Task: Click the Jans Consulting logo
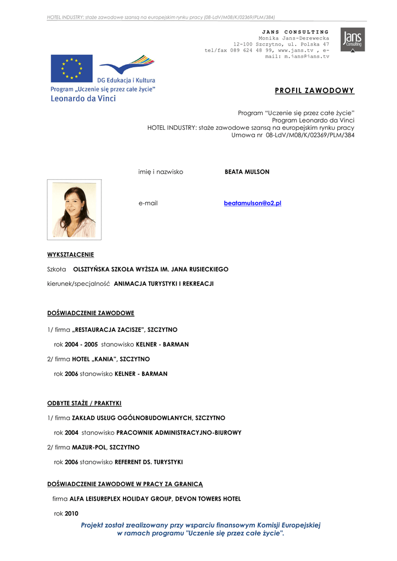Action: pyautogui.click(x=352, y=39)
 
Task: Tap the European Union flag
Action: pyautogui.click(x=71, y=68)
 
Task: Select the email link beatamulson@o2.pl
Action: pyautogui.click(x=252, y=203)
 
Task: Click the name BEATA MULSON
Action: pyautogui.click(x=247, y=172)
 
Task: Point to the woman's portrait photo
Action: pyautogui.click(x=74, y=210)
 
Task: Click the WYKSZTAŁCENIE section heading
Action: pyautogui.click(x=71, y=254)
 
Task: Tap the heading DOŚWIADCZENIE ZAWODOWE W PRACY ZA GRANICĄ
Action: pyautogui.click(x=125, y=484)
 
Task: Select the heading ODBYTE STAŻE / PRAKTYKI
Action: pyautogui.click(x=84, y=403)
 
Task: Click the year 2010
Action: pyautogui.click(x=72, y=514)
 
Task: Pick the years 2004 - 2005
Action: pyautogui.click(x=81, y=345)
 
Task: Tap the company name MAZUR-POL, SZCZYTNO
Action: pyautogui.click(x=106, y=448)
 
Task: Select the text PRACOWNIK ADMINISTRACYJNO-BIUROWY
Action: pyautogui.click(x=179, y=433)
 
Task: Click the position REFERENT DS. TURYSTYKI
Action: pyautogui.click(x=149, y=462)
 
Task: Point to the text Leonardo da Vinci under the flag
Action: pyautogui.click(x=83, y=99)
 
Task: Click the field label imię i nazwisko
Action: pyautogui.click(x=161, y=172)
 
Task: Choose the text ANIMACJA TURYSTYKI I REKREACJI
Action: pyautogui.click(x=163, y=284)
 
